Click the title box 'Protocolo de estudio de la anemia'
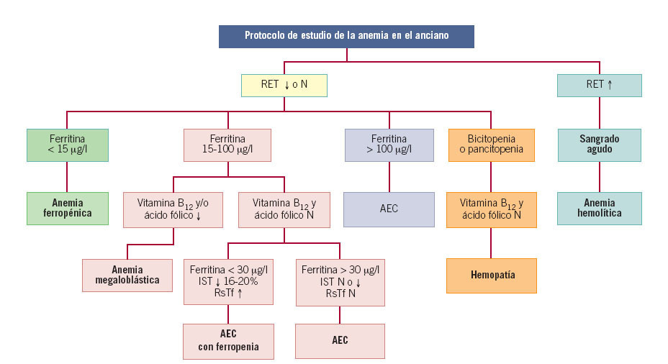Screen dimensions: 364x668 [x=346, y=36]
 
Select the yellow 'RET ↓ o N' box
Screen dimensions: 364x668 [x=284, y=85]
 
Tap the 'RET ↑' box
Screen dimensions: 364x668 [x=599, y=85]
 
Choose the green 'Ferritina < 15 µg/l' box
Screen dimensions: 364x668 [x=67, y=145]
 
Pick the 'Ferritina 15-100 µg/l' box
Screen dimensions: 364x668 [x=227, y=145]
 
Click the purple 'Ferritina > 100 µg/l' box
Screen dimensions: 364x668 [x=389, y=145]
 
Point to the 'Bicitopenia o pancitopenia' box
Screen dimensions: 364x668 [x=491, y=145]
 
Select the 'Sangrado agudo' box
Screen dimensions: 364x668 [x=599, y=145]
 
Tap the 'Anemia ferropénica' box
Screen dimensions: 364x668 [x=67, y=208]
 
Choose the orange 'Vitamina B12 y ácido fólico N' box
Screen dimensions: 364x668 [x=491, y=208]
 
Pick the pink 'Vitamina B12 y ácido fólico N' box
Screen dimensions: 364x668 [x=284, y=208]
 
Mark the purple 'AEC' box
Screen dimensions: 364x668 [x=389, y=209]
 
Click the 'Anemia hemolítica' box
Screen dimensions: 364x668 [x=599, y=208]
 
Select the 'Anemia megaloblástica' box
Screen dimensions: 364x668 [x=127, y=275]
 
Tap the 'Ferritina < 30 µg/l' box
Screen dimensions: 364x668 [x=228, y=281]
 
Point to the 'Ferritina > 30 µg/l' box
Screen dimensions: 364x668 [x=340, y=281]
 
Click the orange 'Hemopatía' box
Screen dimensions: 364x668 [x=491, y=275]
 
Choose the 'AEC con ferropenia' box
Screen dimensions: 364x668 [x=228, y=340]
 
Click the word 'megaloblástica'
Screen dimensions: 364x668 [x=127, y=281]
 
